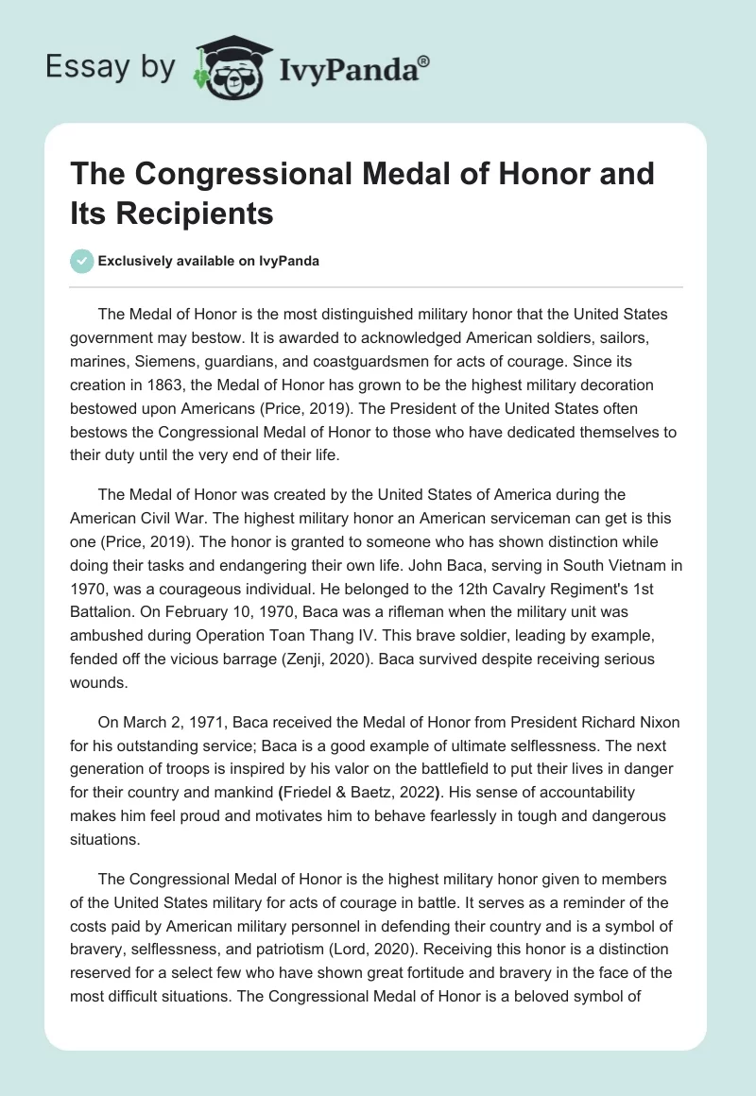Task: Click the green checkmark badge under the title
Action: coord(82,262)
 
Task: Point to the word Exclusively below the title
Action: coord(140,262)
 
